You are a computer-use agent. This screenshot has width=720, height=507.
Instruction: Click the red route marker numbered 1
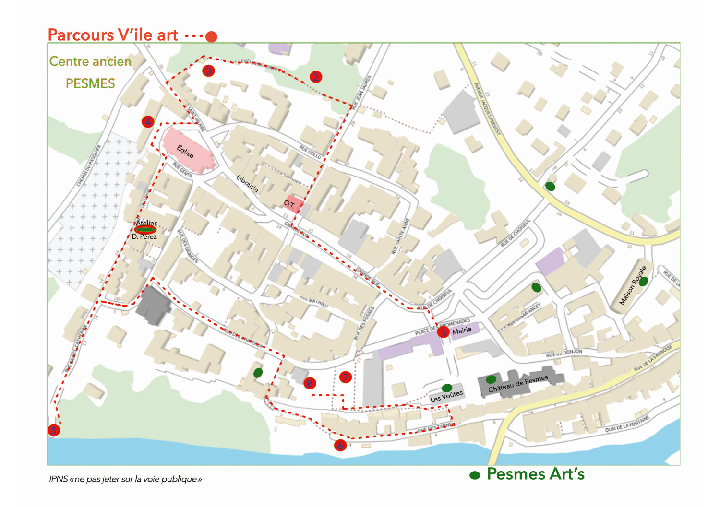(x=443, y=332)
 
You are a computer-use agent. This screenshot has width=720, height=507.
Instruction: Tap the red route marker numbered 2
(x=315, y=77)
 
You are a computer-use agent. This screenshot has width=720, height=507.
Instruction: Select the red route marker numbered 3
(x=208, y=71)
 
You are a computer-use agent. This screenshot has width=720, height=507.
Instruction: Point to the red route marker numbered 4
(x=148, y=122)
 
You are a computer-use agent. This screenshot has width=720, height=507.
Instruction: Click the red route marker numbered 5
(x=54, y=430)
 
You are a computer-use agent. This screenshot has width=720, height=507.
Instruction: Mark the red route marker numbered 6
(x=340, y=446)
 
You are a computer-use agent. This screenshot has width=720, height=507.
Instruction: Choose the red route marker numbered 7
(x=345, y=377)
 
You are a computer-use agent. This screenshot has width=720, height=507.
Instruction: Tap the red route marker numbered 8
(x=310, y=383)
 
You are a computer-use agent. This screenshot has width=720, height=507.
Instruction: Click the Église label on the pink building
(x=185, y=152)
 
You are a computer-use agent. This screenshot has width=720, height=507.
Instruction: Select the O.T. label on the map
(x=289, y=204)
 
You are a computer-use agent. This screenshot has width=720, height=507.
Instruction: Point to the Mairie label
(x=462, y=330)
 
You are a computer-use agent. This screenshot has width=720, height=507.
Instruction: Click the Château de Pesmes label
(x=518, y=384)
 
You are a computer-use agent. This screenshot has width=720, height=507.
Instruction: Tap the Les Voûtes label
(x=446, y=396)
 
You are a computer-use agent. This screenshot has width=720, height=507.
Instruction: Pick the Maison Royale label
(x=633, y=285)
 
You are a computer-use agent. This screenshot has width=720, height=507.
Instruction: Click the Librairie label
(x=247, y=184)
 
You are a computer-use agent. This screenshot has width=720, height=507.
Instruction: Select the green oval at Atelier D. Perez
(x=145, y=230)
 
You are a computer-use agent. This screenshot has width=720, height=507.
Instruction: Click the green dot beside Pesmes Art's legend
(x=475, y=475)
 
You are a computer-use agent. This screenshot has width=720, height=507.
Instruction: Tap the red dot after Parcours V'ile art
(x=211, y=36)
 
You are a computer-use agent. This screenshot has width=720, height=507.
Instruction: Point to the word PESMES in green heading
(x=90, y=83)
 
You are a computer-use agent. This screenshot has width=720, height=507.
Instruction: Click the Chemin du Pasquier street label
(x=89, y=165)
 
